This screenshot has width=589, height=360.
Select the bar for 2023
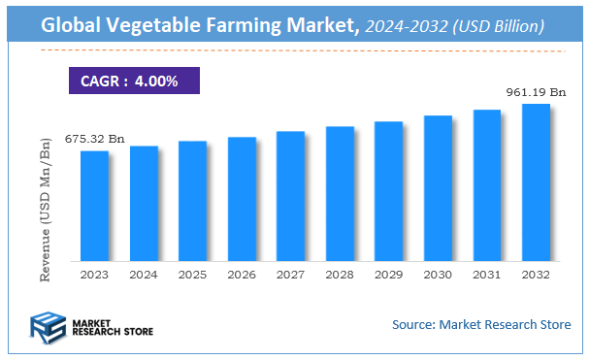94,206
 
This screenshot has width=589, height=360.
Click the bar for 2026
242,199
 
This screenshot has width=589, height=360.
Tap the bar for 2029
389,191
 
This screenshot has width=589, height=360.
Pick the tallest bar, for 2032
536,182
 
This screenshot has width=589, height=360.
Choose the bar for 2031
487,185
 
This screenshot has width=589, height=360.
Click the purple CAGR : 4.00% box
134,81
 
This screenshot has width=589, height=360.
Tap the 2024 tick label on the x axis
144,275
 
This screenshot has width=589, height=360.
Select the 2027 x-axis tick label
290,275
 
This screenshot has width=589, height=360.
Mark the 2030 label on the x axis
438,275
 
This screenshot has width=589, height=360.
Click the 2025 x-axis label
192,275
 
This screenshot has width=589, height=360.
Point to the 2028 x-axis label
340,275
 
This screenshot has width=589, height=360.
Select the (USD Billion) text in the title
497,26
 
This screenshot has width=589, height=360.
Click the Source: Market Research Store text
481,324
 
